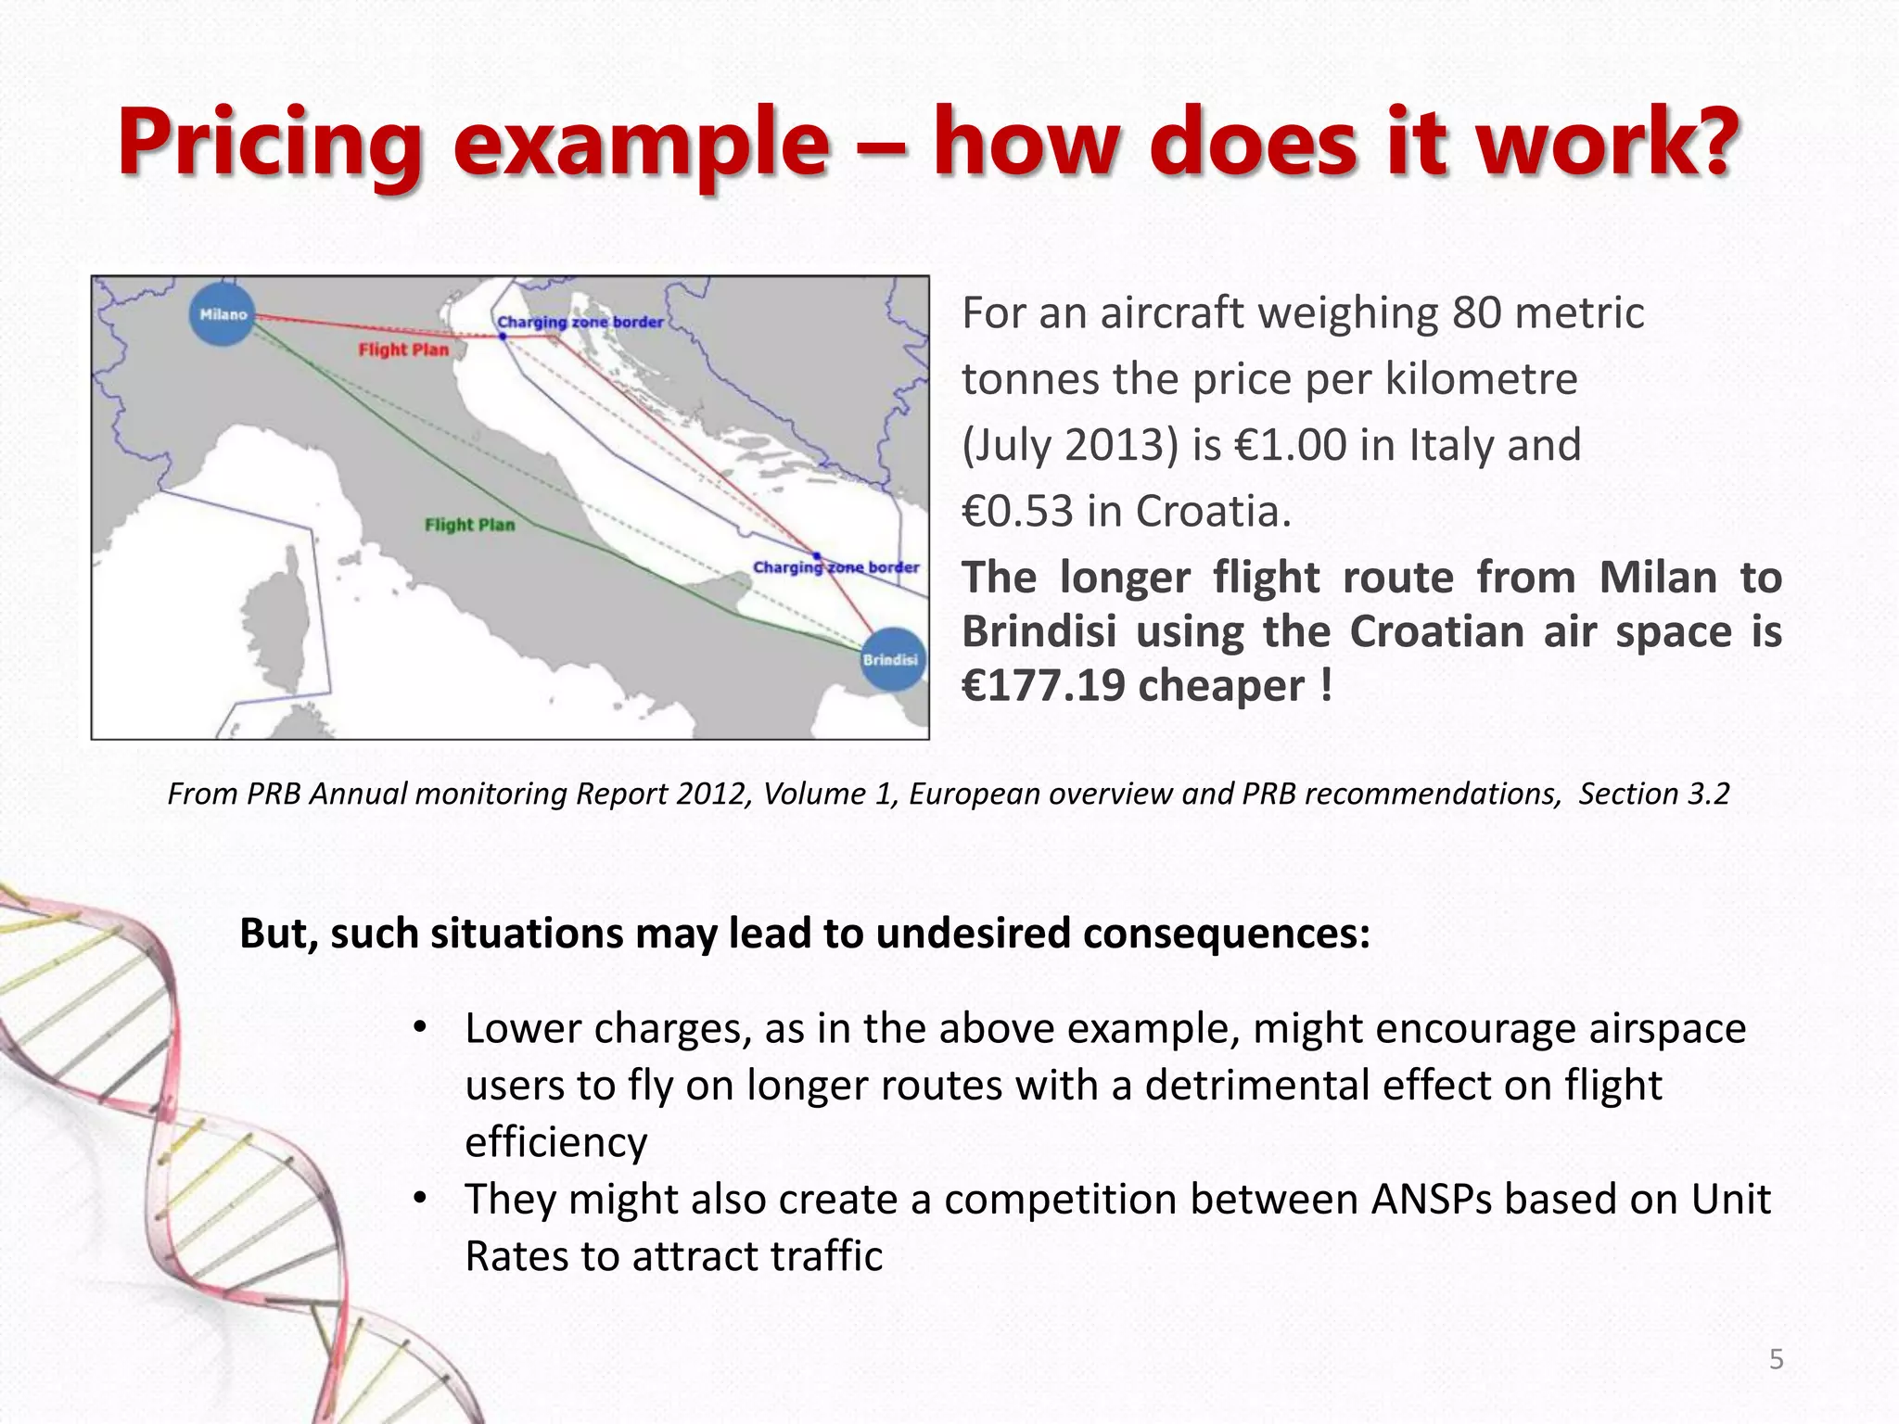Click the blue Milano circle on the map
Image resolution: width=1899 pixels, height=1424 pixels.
point(223,314)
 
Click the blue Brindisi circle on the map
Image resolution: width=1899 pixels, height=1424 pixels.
point(892,659)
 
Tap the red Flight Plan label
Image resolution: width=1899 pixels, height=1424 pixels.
point(403,350)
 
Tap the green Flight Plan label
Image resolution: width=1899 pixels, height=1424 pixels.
point(469,525)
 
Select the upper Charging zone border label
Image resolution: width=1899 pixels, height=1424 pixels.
point(580,322)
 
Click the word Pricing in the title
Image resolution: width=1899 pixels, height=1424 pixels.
point(270,144)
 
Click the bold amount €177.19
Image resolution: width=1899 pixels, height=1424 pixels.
point(1042,686)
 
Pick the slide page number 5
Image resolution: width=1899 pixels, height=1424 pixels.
point(1776,1359)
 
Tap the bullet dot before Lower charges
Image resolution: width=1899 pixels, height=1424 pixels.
point(420,1027)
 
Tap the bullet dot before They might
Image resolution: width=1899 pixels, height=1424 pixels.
point(420,1198)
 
